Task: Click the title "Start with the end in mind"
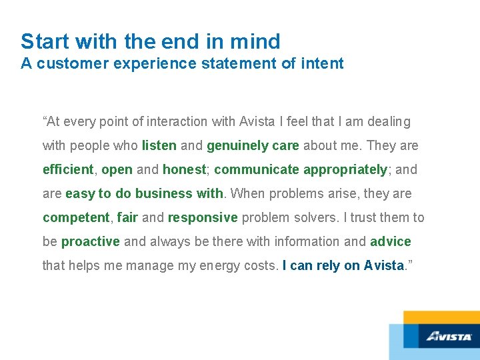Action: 150,41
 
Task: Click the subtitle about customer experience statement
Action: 182,64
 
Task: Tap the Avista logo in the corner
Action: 449,336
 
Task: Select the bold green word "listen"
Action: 159,145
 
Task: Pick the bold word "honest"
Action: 185,169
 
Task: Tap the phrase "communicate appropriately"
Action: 301,169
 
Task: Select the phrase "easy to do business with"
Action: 145,193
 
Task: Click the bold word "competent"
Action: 76,217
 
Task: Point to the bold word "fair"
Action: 127,217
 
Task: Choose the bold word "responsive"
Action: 203,217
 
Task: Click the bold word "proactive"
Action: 91,241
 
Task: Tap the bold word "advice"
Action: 391,241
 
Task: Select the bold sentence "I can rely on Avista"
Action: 343,265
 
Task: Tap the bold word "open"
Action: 117,169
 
